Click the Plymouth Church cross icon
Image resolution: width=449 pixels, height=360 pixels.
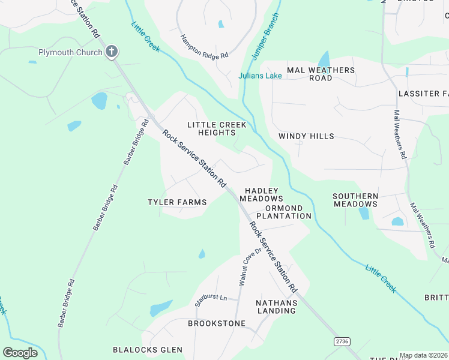111,52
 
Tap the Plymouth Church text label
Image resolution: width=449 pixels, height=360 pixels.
70,52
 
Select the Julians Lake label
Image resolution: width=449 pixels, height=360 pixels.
260,76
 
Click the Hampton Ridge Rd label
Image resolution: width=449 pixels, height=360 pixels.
205,46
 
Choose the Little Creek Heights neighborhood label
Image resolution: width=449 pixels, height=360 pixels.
217,128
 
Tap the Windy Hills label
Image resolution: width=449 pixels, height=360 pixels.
306,136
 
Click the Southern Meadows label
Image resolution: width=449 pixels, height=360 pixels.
355,200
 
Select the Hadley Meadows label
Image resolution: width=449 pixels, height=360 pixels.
261,194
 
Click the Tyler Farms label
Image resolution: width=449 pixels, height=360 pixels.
177,202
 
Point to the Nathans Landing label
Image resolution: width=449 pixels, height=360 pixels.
276,307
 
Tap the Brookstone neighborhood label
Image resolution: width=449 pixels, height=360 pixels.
217,323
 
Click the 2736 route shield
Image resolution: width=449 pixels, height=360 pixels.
342,341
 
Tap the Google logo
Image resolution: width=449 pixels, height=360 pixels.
20,352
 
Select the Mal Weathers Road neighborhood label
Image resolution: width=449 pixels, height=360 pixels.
321,74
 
